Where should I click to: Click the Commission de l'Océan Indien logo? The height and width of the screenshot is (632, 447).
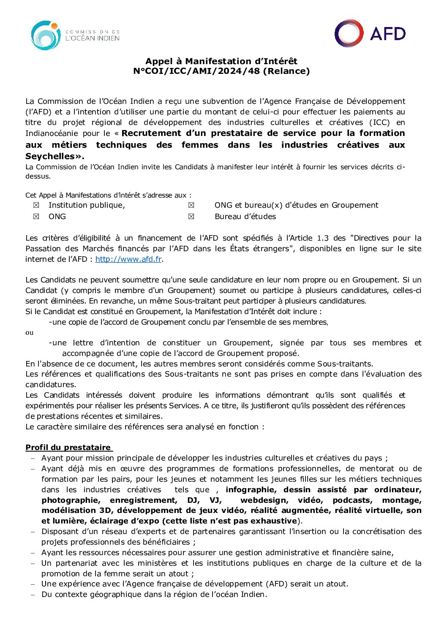(x=75, y=35)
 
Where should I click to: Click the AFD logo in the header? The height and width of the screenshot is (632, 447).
(x=370, y=33)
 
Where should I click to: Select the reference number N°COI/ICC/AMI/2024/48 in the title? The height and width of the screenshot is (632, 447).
(x=196, y=71)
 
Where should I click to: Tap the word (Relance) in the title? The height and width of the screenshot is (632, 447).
(x=286, y=71)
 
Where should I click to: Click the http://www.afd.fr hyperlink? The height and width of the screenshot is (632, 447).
(x=128, y=259)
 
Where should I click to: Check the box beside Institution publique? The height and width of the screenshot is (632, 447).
(x=36, y=205)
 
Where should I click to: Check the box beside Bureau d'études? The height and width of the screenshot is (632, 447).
(x=191, y=217)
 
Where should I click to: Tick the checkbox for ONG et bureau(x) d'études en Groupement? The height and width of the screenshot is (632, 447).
(x=191, y=205)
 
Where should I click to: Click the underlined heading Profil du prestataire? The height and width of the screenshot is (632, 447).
(x=68, y=448)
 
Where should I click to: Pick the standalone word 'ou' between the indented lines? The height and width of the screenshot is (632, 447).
(x=29, y=333)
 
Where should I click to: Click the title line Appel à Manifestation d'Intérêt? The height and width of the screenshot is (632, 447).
(x=221, y=61)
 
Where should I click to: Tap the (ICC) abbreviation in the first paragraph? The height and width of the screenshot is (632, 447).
(x=379, y=122)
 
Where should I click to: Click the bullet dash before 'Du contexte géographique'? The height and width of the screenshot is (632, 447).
(x=33, y=595)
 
